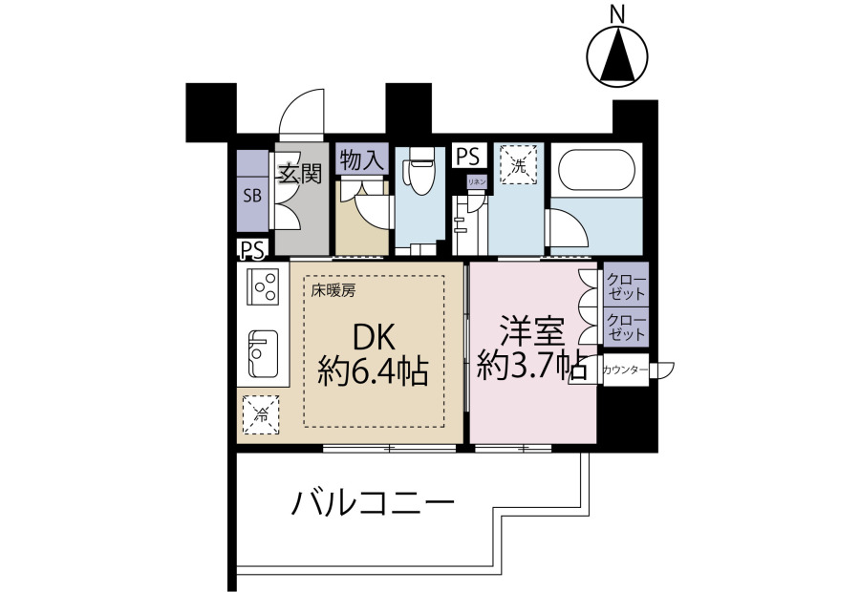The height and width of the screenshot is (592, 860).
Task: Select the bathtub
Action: tap(596, 169)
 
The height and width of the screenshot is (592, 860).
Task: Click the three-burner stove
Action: tap(264, 286)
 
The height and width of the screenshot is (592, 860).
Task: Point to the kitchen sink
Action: tap(264, 353)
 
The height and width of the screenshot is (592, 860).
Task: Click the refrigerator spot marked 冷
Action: tap(261, 414)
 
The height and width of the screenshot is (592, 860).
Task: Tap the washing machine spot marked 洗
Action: tap(519, 164)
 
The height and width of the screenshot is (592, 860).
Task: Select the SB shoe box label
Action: tap(253, 195)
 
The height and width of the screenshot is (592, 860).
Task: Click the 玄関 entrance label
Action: tap(300, 175)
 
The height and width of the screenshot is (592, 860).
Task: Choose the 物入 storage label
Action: tap(361, 160)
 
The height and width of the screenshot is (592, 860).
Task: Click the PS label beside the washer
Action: tap(468, 157)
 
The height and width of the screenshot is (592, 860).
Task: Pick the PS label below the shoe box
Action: tap(253, 250)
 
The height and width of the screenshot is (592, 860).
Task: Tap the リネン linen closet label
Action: tap(477, 182)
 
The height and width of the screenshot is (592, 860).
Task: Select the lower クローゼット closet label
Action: tap(626, 328)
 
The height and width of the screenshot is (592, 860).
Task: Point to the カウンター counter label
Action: tap(624, 370)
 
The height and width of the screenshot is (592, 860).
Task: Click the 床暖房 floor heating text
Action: tap(333, 291)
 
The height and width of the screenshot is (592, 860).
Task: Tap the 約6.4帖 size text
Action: tap(373, 372)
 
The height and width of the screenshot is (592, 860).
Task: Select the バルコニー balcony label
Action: tap(373, 502)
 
